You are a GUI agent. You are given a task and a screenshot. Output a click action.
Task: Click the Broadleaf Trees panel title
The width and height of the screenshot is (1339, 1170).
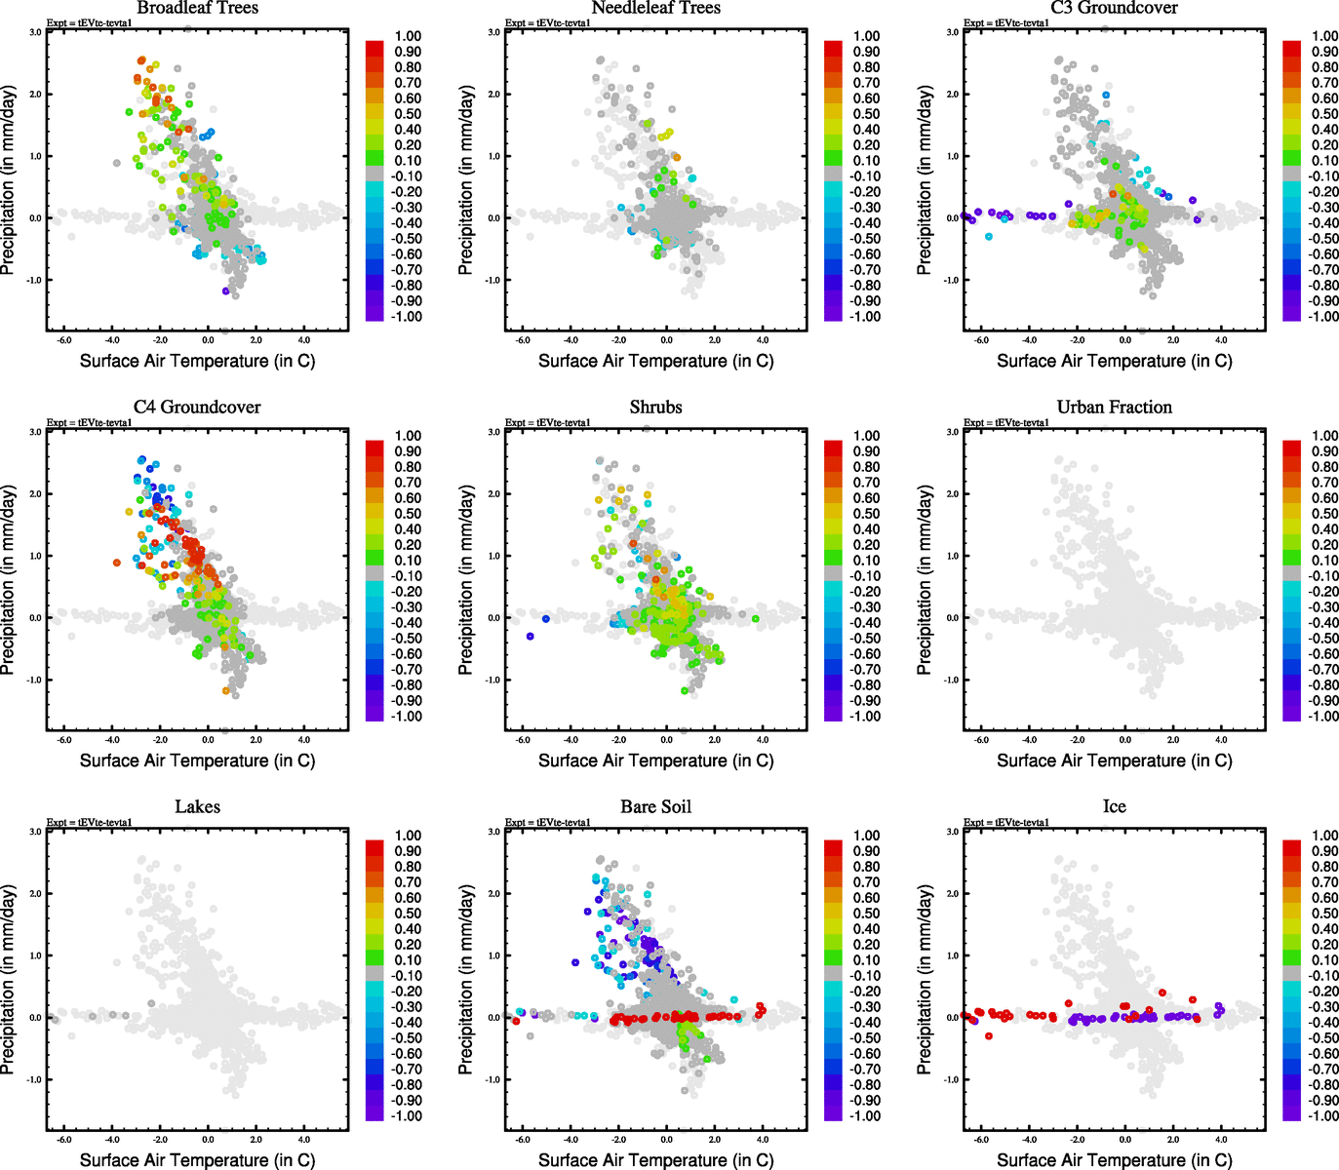coord(197,9)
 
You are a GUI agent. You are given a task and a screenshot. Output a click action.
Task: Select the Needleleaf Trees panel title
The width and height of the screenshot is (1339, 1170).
coord(655,9)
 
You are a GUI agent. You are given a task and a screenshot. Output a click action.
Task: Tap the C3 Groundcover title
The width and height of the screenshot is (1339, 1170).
coord(1114,9)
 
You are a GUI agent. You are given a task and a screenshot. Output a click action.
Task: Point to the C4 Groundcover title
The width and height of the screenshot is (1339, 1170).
coord(197,408)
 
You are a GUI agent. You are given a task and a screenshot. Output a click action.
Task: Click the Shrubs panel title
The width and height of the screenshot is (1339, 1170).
coord(655,408)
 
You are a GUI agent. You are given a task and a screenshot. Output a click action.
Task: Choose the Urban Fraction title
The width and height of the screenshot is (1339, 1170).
coord(1114,408)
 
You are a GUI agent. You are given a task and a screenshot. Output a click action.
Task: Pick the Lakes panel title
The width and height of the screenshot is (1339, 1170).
coord(197,807)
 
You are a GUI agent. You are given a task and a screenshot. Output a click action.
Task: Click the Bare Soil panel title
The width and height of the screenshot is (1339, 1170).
coord(655,807)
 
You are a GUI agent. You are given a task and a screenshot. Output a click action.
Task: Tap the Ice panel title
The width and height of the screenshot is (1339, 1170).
coord(1114,807)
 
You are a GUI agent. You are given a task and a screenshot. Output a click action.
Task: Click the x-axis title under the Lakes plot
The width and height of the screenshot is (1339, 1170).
coord(197,1160)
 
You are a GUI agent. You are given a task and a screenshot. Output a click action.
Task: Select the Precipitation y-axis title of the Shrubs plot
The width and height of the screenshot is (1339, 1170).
coord(466,581)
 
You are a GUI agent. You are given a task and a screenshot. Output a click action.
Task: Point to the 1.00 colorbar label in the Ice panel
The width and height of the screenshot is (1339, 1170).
coord(1324,836)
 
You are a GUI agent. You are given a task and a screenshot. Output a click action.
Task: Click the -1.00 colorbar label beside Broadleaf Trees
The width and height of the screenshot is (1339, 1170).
coord(408,317)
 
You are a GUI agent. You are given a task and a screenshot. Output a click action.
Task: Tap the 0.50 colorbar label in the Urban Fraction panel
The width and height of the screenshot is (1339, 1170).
coord(1324,514)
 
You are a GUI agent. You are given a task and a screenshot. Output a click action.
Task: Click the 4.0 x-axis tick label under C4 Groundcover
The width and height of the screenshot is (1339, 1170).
coord(304,740)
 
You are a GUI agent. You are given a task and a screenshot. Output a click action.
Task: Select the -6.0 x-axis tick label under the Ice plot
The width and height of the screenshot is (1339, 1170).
coord(981,1140)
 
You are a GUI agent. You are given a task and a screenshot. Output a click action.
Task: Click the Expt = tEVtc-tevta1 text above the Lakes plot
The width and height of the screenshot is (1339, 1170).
coord(90,823)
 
